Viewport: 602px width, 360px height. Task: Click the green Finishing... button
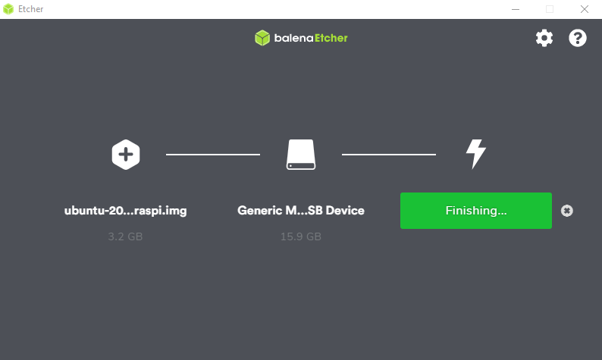tap(476, 211)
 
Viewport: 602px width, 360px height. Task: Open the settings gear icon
tap(544, 38)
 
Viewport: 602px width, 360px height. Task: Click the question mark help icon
tap(578, 38)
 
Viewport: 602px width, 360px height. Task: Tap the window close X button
tap(585, 9)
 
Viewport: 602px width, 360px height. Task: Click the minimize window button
tap(516, 9)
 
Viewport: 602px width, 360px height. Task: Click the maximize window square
tap(550, 9)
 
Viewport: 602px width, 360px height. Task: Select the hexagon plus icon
tap(126, 155)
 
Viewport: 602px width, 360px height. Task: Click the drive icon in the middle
tap(301, 155)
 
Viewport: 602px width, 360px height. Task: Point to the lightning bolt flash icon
tap(475, 154)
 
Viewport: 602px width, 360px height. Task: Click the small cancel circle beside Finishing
tap(566, 211)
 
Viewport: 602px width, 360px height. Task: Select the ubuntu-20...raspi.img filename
tap(126, 211)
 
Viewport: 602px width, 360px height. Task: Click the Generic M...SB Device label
tap(301, 211)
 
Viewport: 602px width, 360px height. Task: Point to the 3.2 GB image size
tap(125, 236)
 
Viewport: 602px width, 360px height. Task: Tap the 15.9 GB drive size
tap(301, 236)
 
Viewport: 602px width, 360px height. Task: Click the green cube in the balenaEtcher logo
tap(262, 38)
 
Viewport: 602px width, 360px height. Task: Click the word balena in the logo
tap(293, 38)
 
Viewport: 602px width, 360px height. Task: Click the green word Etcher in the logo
tap(331, 38)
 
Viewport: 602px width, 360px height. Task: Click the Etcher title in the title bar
tap(31, 9)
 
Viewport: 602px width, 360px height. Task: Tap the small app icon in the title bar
tap(8, 9)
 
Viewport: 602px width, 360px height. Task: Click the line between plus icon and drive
tap(213, 155)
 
